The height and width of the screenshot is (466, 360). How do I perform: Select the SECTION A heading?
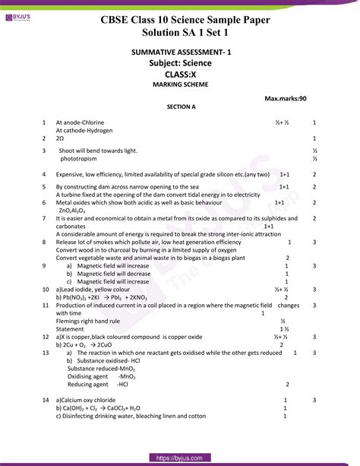181,107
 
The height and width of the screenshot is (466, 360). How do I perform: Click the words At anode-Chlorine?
80,122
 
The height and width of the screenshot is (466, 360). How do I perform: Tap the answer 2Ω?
60,139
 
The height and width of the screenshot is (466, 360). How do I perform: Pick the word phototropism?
81,160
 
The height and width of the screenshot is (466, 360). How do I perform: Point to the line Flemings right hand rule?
90,321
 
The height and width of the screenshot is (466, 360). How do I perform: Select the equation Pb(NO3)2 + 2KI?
90,297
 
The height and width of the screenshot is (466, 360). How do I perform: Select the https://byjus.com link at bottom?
180,458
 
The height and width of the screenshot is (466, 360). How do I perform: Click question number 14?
46,400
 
